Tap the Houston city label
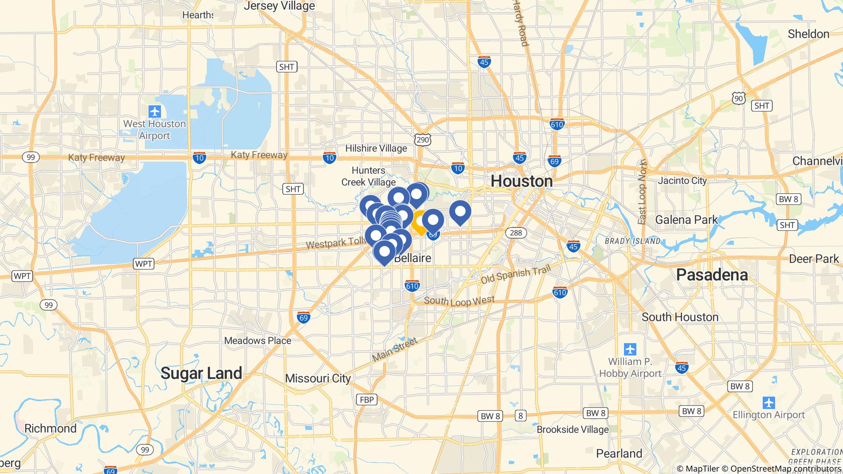[x=522, y=181]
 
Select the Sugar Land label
[x=201, y=373]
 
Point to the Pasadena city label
[x=712, y=274]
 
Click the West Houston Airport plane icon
[x=155, y=111]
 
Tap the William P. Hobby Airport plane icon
[x=630, y=349]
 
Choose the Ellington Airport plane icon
[x=768, y=402]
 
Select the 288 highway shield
[x=515, y=233]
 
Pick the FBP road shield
[x=366, y=400]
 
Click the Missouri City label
[x=318, y=378]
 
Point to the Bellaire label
[x=413, y=258]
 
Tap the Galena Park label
[x=686, y=220]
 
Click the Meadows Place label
[x=257, y=341]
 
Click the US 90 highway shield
[x=738, y=98]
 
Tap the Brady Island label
[x=632, y=241]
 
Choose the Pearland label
[x=619, y=453]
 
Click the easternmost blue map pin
[x=460, y=211]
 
